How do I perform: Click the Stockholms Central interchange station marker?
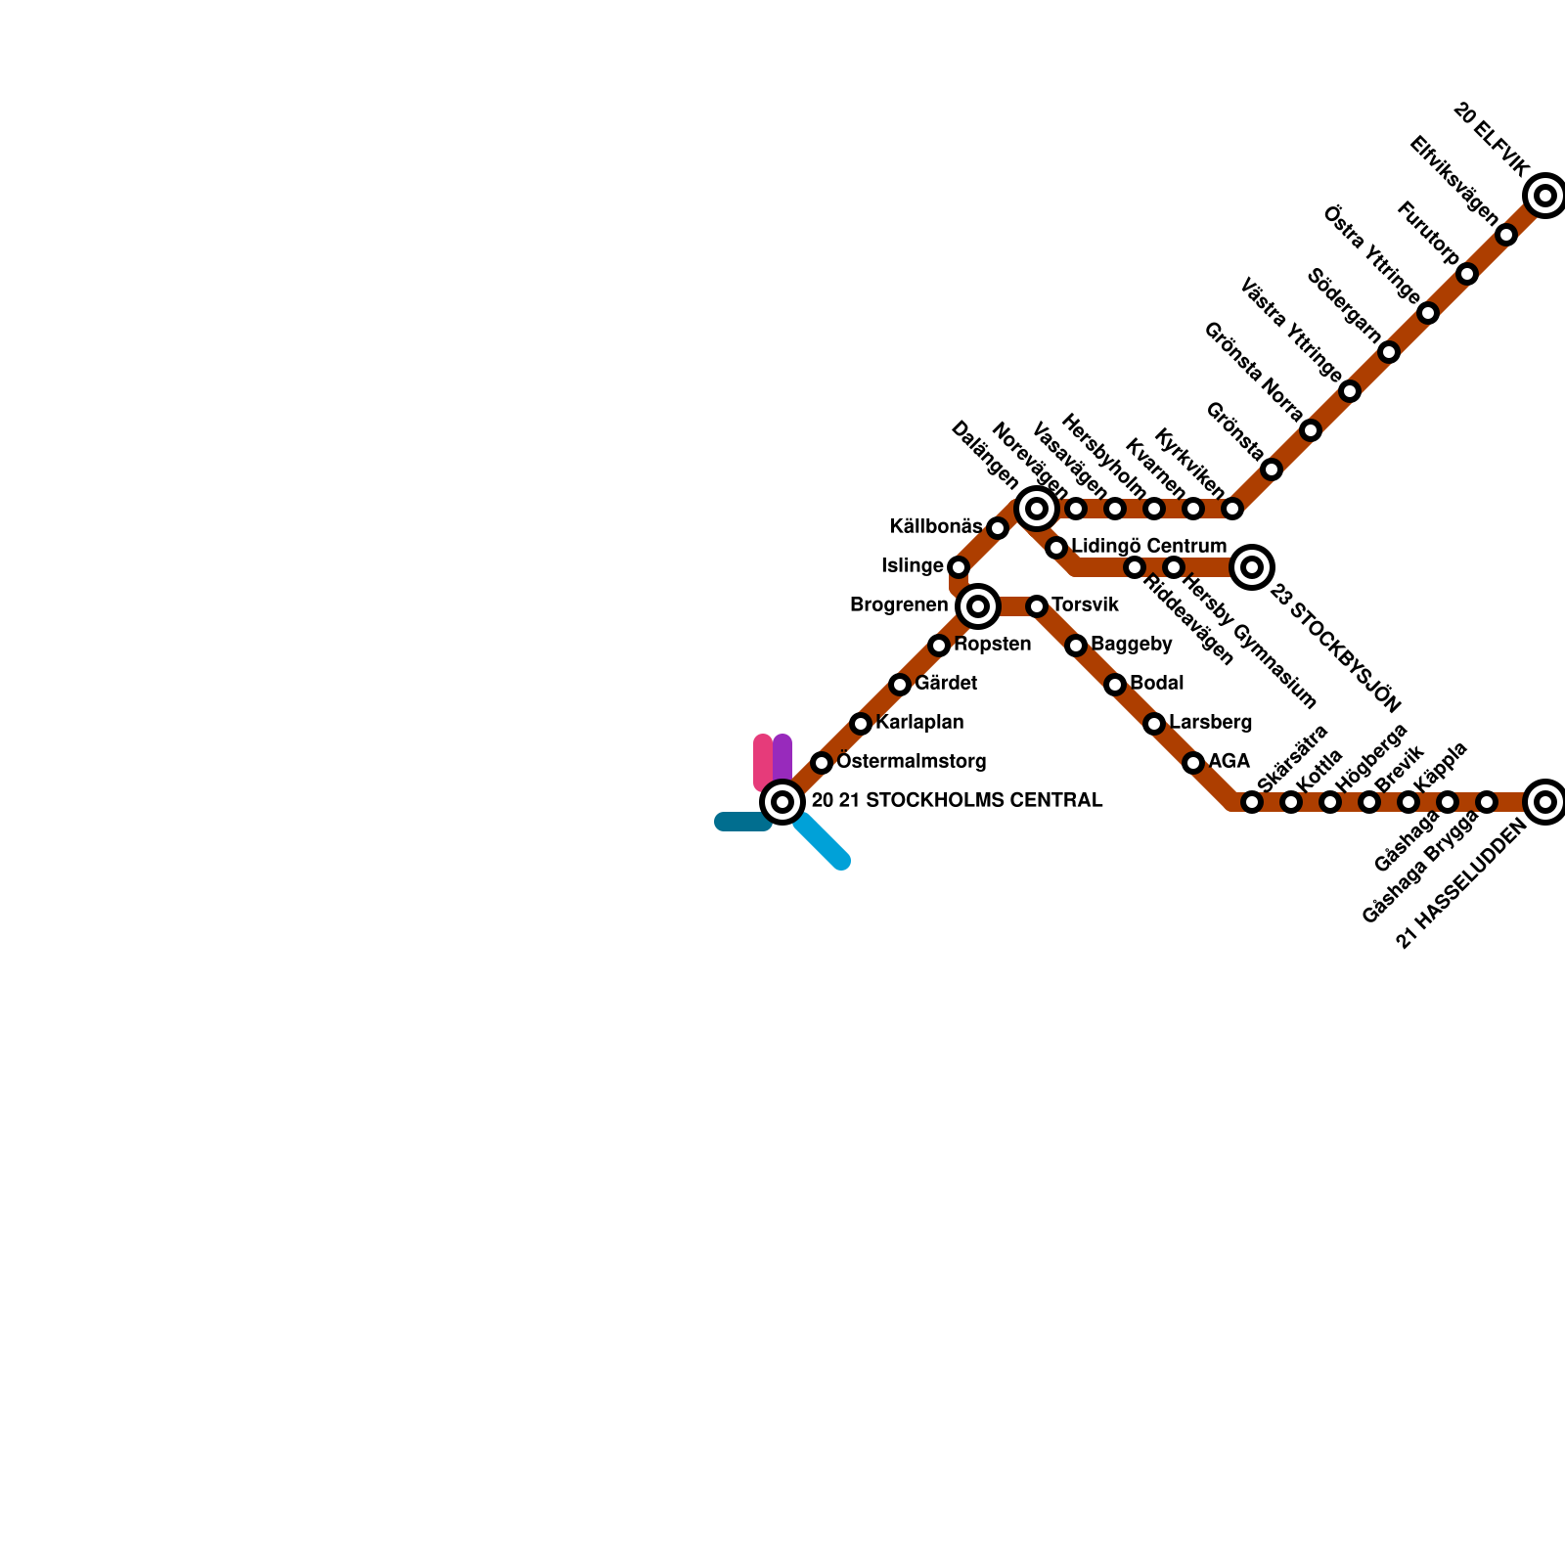click(782, 802)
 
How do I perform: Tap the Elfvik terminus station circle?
click(1545, 196)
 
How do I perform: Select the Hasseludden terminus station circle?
click(1545, 802)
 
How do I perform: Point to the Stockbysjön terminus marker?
click(1252, 567)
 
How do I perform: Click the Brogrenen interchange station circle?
click(978, 606)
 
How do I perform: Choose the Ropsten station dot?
click(939, 646)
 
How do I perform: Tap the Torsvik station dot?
click(1037, 606)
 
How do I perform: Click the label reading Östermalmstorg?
click(912, 762)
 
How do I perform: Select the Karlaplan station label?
click(919, 723)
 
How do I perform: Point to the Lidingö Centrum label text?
click(1148, 546)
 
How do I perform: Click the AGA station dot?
click(1193, 763)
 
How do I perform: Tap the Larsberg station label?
click(1210, 723)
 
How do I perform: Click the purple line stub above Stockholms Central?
click(782, 755)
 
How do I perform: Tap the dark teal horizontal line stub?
click(741, 822)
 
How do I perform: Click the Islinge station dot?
click(959, 567)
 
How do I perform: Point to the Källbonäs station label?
click(935, 527)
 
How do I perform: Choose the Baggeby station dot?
click(1076, 646)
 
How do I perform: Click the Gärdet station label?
click(946, 684)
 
